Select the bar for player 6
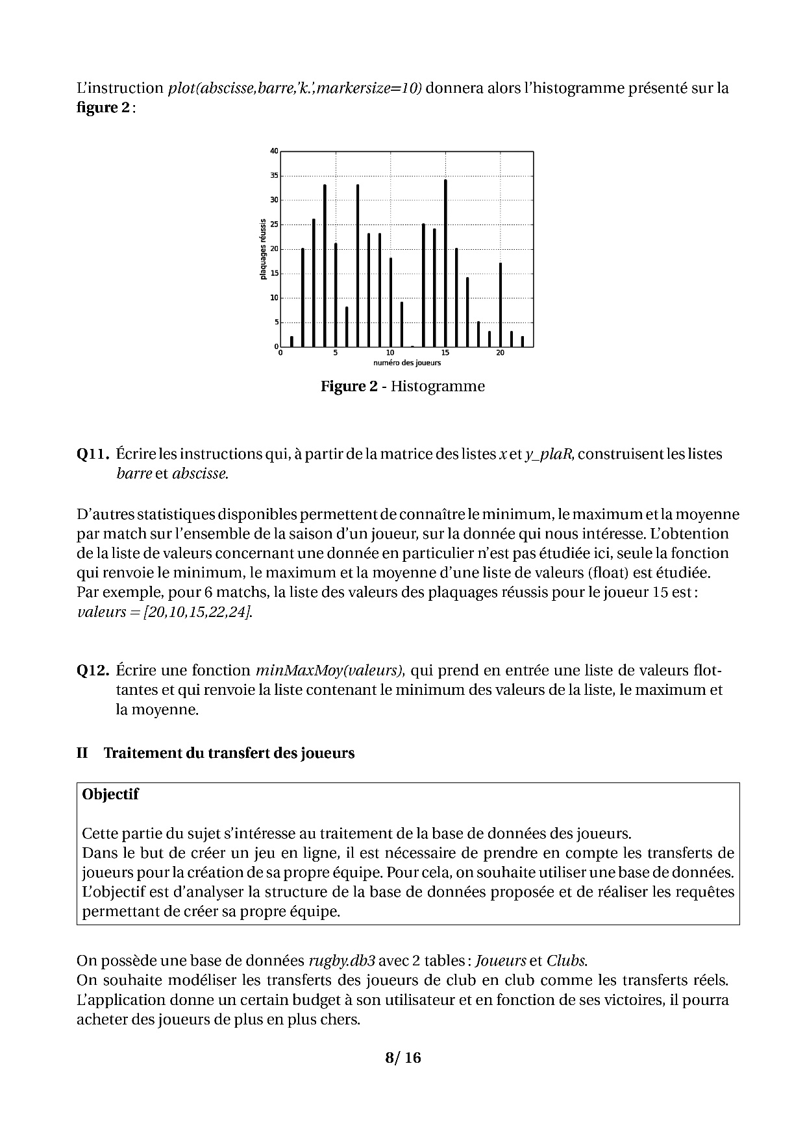[x=347, y=326]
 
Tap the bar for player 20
[x=501, y=304]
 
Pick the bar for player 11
[x=402, y=324]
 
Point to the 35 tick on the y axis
[x=275, y=176]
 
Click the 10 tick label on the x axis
[x=390, y=353]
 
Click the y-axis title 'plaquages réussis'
[x=263, y=249]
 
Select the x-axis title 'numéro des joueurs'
[x=407, y=363]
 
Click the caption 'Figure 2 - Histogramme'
[x=402, y=387]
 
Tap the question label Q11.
[x=93, y=454]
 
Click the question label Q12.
[x=93, y=670]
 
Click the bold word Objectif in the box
[x=110, y=794]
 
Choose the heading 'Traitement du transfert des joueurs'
[x=229, y=753]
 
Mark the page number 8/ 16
[x=402, y=1058]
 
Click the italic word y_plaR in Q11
[x=549, y=454]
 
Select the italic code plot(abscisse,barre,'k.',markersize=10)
[x=295, y=88]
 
